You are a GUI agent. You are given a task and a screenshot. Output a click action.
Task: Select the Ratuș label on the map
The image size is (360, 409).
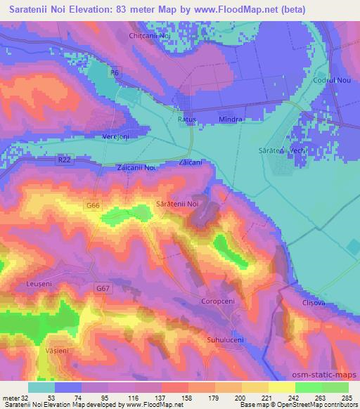186,119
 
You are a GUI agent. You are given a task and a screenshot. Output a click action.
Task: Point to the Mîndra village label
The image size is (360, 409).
231,119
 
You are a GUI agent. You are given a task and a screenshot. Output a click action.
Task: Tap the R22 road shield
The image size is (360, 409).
65,161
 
